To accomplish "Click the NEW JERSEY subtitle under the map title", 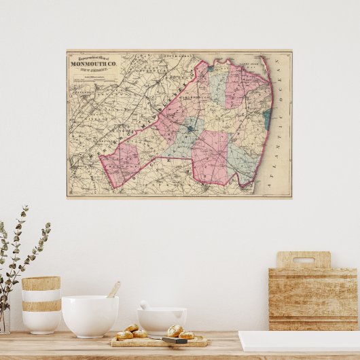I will (x=94, y=69).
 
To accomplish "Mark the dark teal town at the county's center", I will (x=192, y=128).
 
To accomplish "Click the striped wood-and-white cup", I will (x=41, y=304).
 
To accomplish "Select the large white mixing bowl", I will (x=90, y=315).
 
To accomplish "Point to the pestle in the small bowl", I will (x=145, y=305).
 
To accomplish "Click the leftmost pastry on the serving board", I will (x=124, y=335).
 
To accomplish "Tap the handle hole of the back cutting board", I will (x=303, y=259).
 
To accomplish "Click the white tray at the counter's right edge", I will (x=299, y=341).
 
